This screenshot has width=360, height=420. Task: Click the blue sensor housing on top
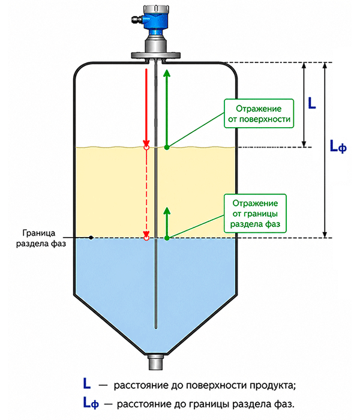[155, 19]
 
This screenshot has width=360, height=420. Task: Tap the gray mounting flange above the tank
[155, 56]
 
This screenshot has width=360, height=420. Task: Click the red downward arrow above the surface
[146, 107]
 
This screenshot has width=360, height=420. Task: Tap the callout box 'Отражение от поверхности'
[259, 113]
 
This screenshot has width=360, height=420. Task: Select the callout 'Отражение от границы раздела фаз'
[255, 214]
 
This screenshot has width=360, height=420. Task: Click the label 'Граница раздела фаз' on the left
[41, 238]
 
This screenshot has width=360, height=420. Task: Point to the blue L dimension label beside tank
[312, 103]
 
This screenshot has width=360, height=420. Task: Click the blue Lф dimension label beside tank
[338, 146]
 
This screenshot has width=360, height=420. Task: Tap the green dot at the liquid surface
[167, 147]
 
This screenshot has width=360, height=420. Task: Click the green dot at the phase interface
[167, 238]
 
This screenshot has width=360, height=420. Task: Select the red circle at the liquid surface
[146, 148]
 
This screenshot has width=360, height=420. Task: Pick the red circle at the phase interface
[146, 238]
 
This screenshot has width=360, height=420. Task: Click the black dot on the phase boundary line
[91, 238]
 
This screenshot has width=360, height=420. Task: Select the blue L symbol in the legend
[87, 383]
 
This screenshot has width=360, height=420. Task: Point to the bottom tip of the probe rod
[156, 328]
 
